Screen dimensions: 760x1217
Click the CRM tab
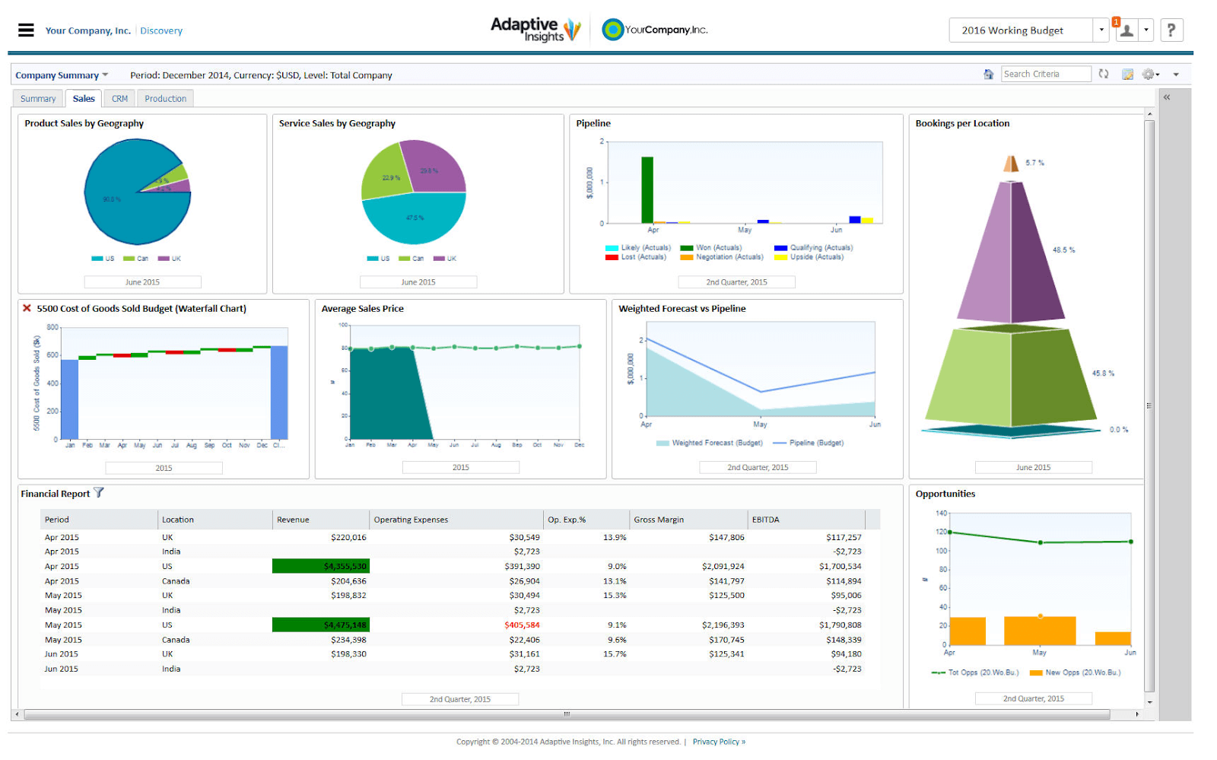[x=119, y=99]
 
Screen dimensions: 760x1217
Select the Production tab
[x=165, y=99]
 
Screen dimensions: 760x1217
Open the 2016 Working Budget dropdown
[x=1101, y=30]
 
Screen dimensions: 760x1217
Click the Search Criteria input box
[x=1045, y=74]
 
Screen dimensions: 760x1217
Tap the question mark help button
[x=1171, y=30]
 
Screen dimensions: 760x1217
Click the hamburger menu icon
[x=26, y=30]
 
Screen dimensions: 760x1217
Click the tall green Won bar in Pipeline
[x=647, y=190]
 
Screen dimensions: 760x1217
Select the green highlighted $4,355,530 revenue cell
[x=321, y=566]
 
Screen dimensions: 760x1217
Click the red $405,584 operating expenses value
[x=522, y=625]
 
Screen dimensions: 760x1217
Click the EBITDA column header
[x=765, y=520]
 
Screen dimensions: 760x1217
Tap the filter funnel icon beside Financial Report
[x=99, y=493]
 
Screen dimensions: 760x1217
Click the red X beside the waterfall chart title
[x=27, y=308]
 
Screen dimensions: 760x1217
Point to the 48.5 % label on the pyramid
[x=1063, y=250]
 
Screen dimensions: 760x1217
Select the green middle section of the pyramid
[x=1012, y=377]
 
